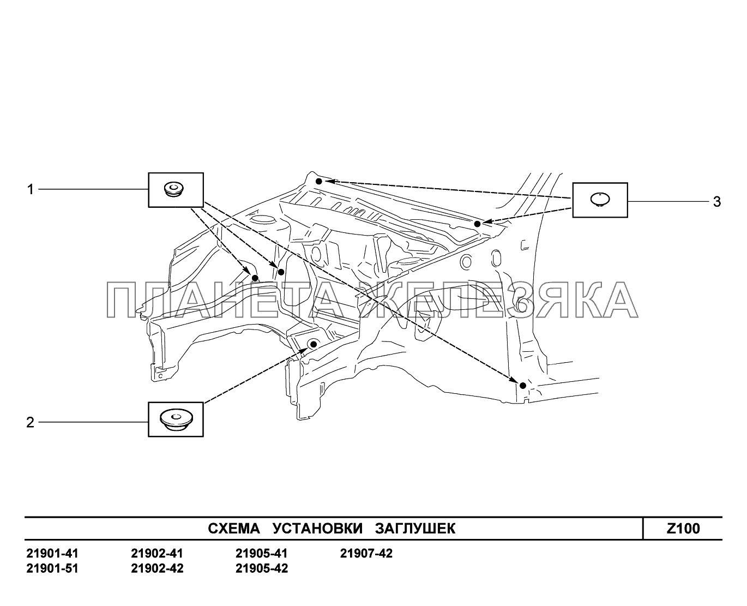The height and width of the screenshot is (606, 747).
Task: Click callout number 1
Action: point(31,190)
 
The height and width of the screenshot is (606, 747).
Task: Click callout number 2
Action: point(31,422)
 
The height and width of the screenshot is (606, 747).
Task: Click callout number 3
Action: point(716,202)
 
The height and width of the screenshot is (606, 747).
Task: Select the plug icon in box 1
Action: point(174,190)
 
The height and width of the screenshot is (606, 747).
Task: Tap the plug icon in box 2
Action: point(175,419)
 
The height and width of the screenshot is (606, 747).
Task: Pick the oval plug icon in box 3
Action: point(599,199)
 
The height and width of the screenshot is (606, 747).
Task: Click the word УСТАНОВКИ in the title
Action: point(317,529)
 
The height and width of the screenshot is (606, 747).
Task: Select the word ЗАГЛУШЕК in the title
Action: point(415,529)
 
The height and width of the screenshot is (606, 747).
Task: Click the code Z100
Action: point(683,529)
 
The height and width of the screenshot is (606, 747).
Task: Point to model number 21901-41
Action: point(52,554)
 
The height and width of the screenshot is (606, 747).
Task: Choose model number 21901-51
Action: point(52,569)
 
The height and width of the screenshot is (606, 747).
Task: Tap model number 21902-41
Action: point(157,554)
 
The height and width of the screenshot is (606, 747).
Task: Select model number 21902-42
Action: point(157,569)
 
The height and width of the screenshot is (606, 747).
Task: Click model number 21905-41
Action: point(262,554)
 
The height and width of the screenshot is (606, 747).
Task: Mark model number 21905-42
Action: point(262,569)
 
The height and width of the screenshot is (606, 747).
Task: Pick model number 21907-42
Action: point(366,554)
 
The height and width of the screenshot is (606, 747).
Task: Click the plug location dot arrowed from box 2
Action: point(314,344)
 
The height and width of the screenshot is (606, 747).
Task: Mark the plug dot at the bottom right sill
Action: point(522,386)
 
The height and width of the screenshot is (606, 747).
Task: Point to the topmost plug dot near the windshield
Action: point(319,179)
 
